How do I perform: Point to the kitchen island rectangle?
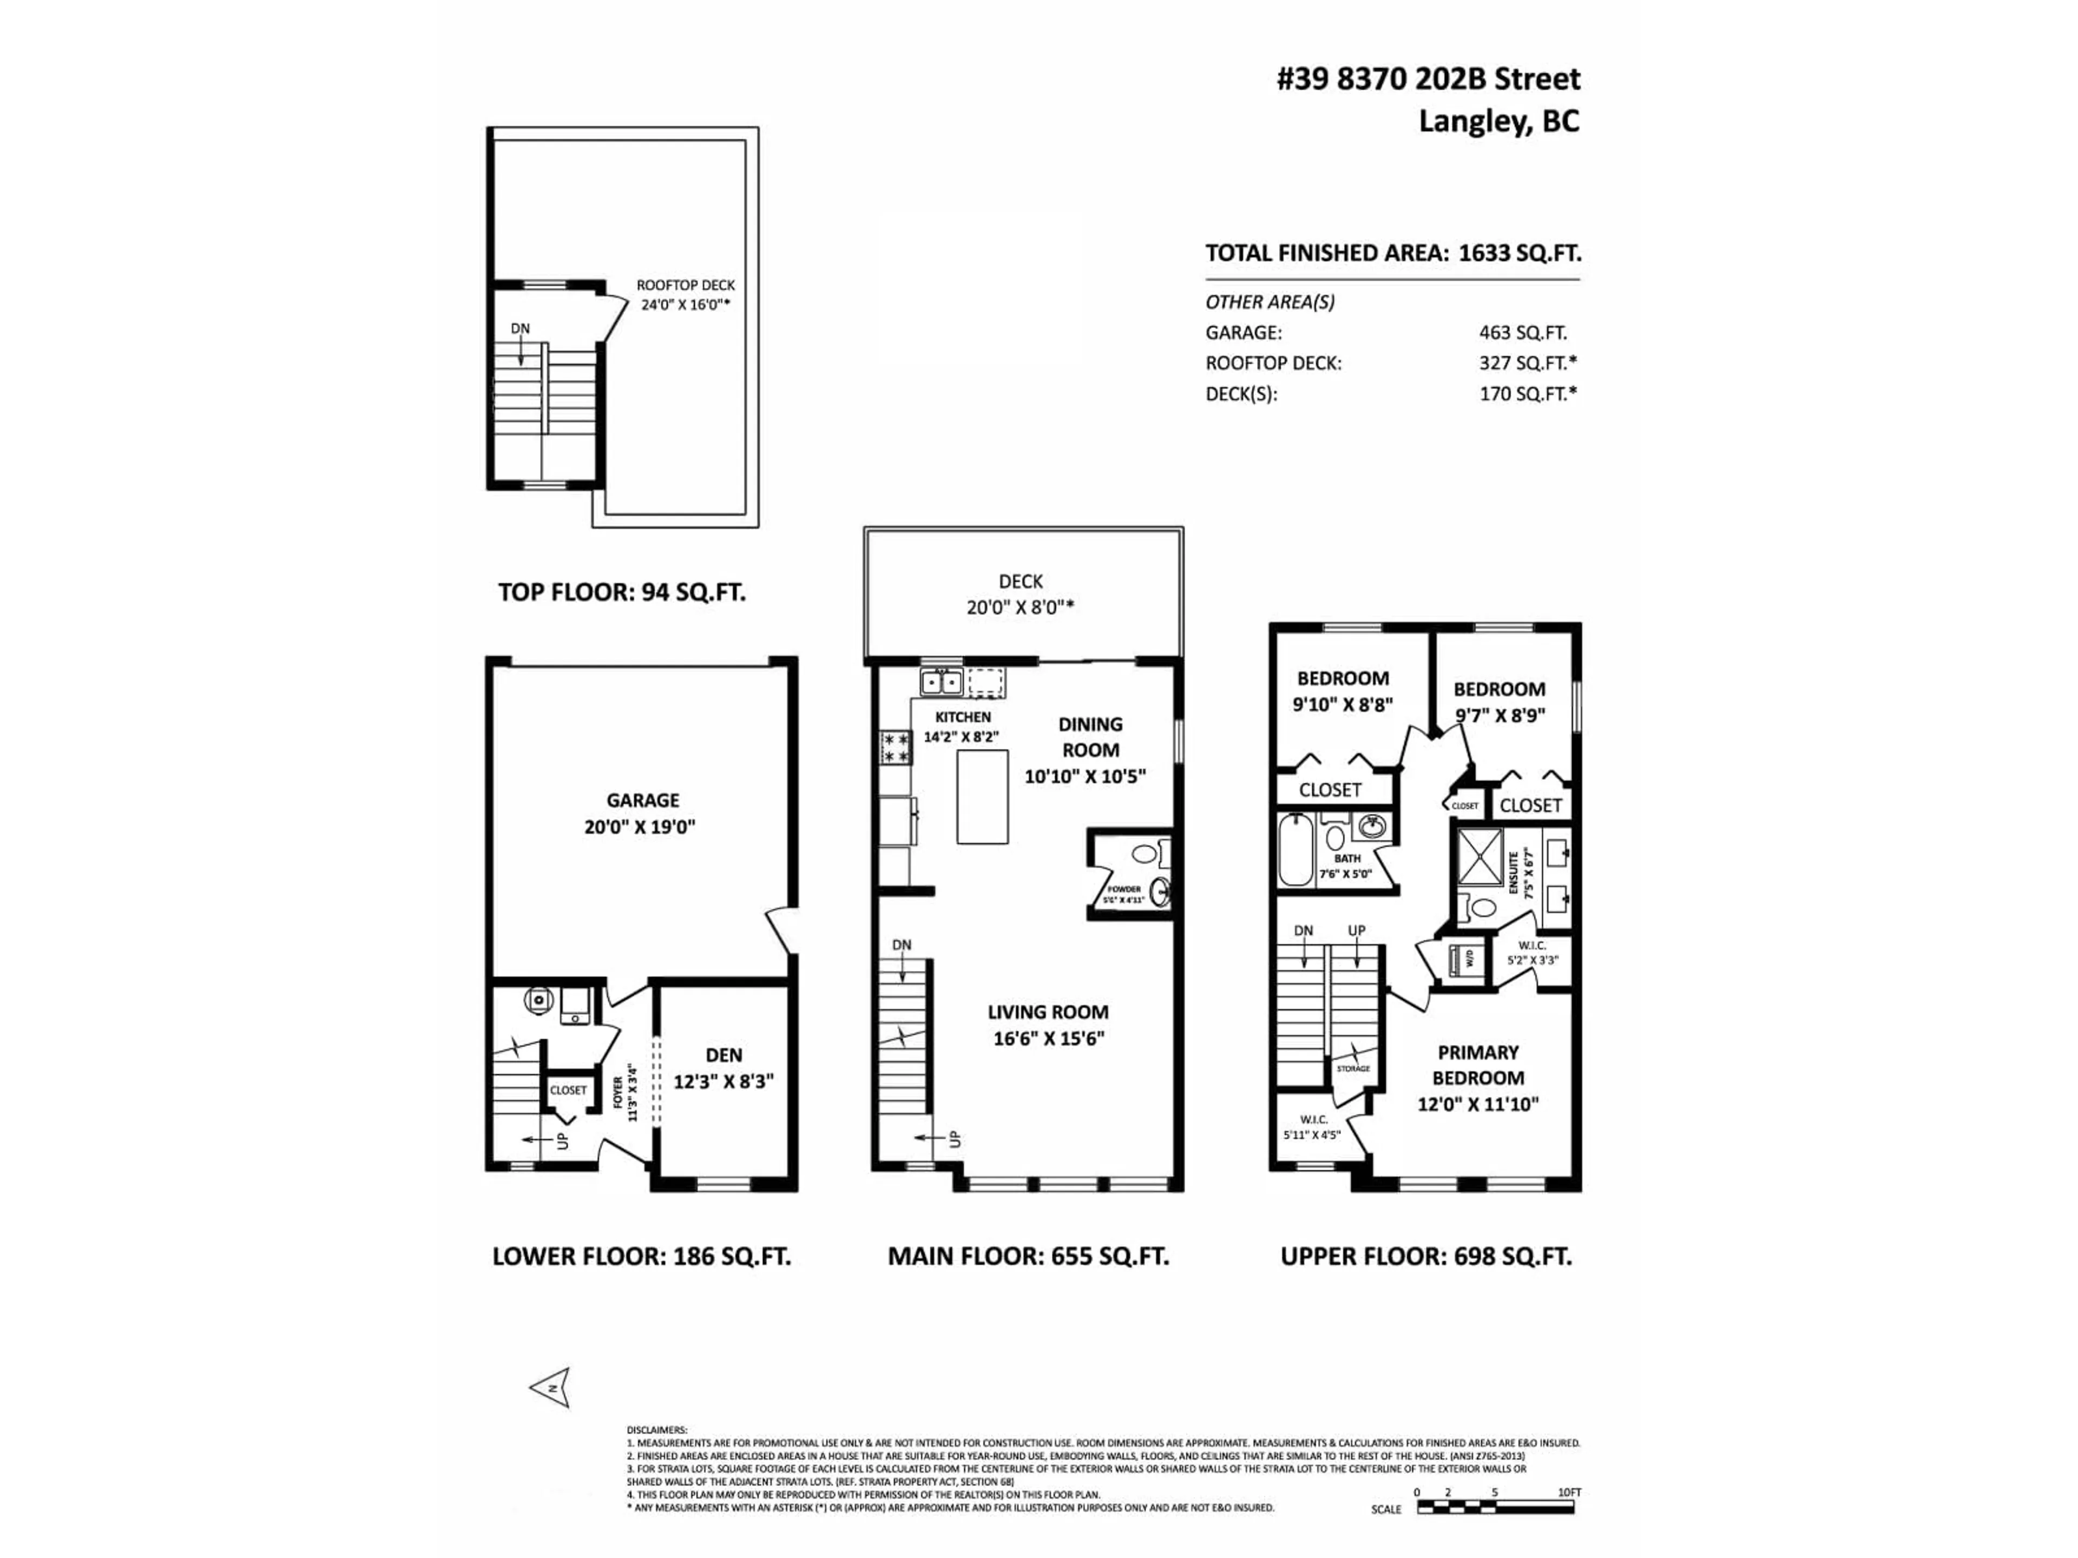983,796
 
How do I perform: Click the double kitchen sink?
941,682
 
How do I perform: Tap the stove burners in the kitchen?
895,748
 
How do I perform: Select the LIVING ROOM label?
1048,1012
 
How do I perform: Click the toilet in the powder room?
1144,854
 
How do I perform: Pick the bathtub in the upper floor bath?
1294,850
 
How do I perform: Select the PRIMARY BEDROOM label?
1478,1065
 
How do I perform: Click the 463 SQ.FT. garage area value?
1522,333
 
